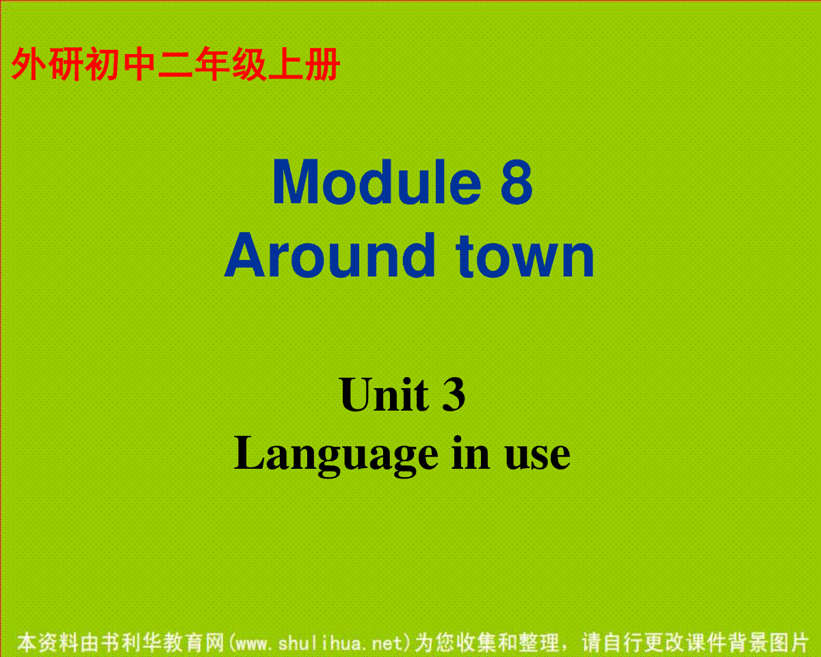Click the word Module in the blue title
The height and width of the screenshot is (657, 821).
coord(377,182)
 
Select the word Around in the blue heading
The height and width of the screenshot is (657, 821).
coord(330,255)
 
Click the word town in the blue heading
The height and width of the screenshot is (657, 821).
coord(525,257)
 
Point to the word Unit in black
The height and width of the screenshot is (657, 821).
coord(384,394)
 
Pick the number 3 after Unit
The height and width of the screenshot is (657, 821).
coord(454,394)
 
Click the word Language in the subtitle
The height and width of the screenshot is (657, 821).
coord(336,456)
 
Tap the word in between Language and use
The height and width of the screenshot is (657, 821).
coord(471,453)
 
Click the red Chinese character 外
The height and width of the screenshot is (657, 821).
coord(28,64)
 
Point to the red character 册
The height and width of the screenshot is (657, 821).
coord(322,64)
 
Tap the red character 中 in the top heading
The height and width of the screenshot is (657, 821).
coord(138,64)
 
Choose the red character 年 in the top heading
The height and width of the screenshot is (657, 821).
coord(211,64)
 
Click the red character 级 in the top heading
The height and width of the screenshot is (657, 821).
coord(248,64)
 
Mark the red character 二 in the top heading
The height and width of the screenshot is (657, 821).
coord(175,64)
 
